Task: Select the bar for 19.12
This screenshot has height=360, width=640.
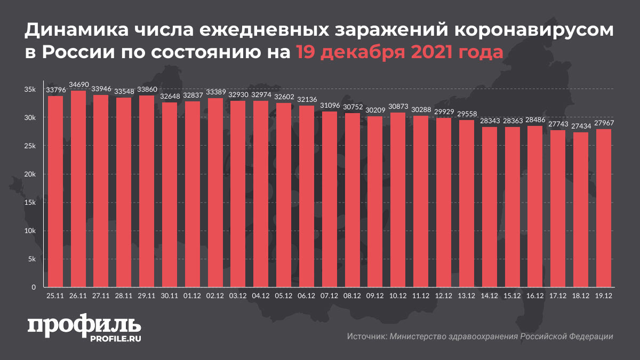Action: (604, 208)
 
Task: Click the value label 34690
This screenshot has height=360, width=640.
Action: (78, 85)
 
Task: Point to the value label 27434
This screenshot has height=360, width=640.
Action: (581, 126)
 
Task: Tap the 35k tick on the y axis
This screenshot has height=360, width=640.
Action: (29, 90)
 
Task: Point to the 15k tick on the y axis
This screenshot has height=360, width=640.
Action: (29, 203)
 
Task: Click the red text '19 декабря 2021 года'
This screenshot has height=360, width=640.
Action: (399, 53)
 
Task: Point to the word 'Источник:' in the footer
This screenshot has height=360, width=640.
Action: (366, 337)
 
